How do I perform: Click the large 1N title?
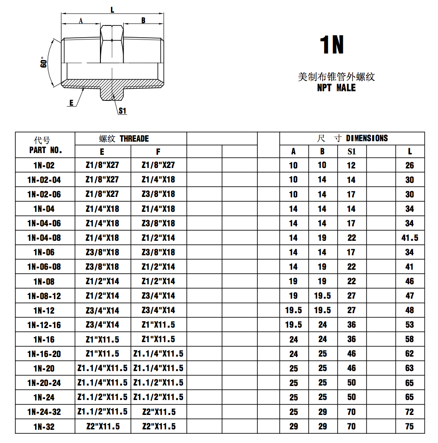332,45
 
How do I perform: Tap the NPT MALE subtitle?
336,88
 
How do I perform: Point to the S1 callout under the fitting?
122,111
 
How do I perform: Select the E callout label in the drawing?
71,103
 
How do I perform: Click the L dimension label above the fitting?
113,10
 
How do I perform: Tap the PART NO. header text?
45,150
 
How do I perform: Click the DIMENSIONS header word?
367,139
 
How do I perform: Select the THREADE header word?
134,139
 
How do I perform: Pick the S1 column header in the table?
352,152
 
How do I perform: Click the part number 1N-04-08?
44,238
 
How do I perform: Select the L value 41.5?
410,238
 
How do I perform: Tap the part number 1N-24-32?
44,411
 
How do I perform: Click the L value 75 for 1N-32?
410,426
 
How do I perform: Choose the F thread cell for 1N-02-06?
158,194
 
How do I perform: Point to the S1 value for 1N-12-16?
352,325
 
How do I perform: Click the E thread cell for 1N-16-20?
102,354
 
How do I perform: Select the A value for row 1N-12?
293,310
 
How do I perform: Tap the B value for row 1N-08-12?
322,296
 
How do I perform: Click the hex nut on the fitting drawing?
112,44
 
